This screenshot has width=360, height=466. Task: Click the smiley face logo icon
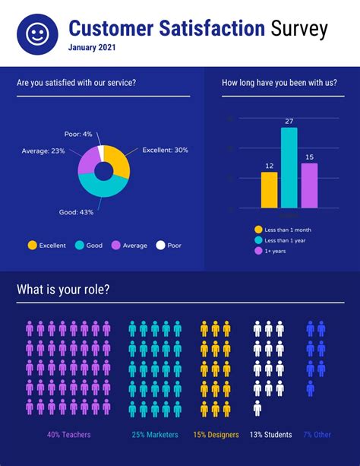pos(36,33)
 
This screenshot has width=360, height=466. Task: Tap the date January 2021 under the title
pos(93,48)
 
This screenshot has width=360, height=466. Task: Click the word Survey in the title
pos(298,29)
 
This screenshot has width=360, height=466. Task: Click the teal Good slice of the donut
pos(99,187)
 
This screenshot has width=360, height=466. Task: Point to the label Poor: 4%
pos(78,134)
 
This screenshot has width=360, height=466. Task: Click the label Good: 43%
pos(76,212)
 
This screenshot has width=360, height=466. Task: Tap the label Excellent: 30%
pos(164,150)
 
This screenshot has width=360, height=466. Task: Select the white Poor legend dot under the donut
pos(160,246)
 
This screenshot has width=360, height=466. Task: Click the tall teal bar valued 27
pos(289,167)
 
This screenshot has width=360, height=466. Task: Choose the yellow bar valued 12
pos(269,189)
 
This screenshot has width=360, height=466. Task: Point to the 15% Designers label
pos(216,435)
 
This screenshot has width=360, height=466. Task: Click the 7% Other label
pos(317,435)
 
